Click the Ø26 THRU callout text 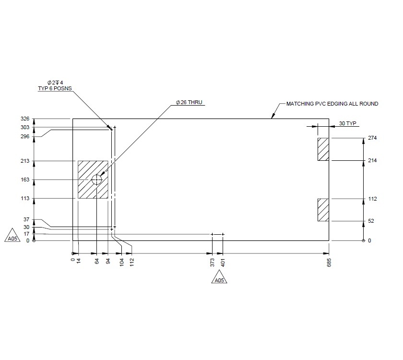pyautogui.click(x=190, y=103)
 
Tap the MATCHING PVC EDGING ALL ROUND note pyautogui.click(x=332, y=104)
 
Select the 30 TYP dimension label pyautogui.click(x=348, y=123)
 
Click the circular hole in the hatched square pyautogui.click(x=97, y=180)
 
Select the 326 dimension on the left pyautogui.click(x=25, y=119)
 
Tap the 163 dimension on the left pyautogui.click(x=25, y=180)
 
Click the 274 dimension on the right pyautogui.click(x=372, y=138)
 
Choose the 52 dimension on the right pyautogui.click(x=371, y=221)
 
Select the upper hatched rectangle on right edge pyautogui.click(x=323, y=149)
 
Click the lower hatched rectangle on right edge pyautogui.click(x=323, y=210)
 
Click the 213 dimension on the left pyautogui.click(x=25, y=161)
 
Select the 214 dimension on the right pyautogui.click(x=372, y=160)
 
